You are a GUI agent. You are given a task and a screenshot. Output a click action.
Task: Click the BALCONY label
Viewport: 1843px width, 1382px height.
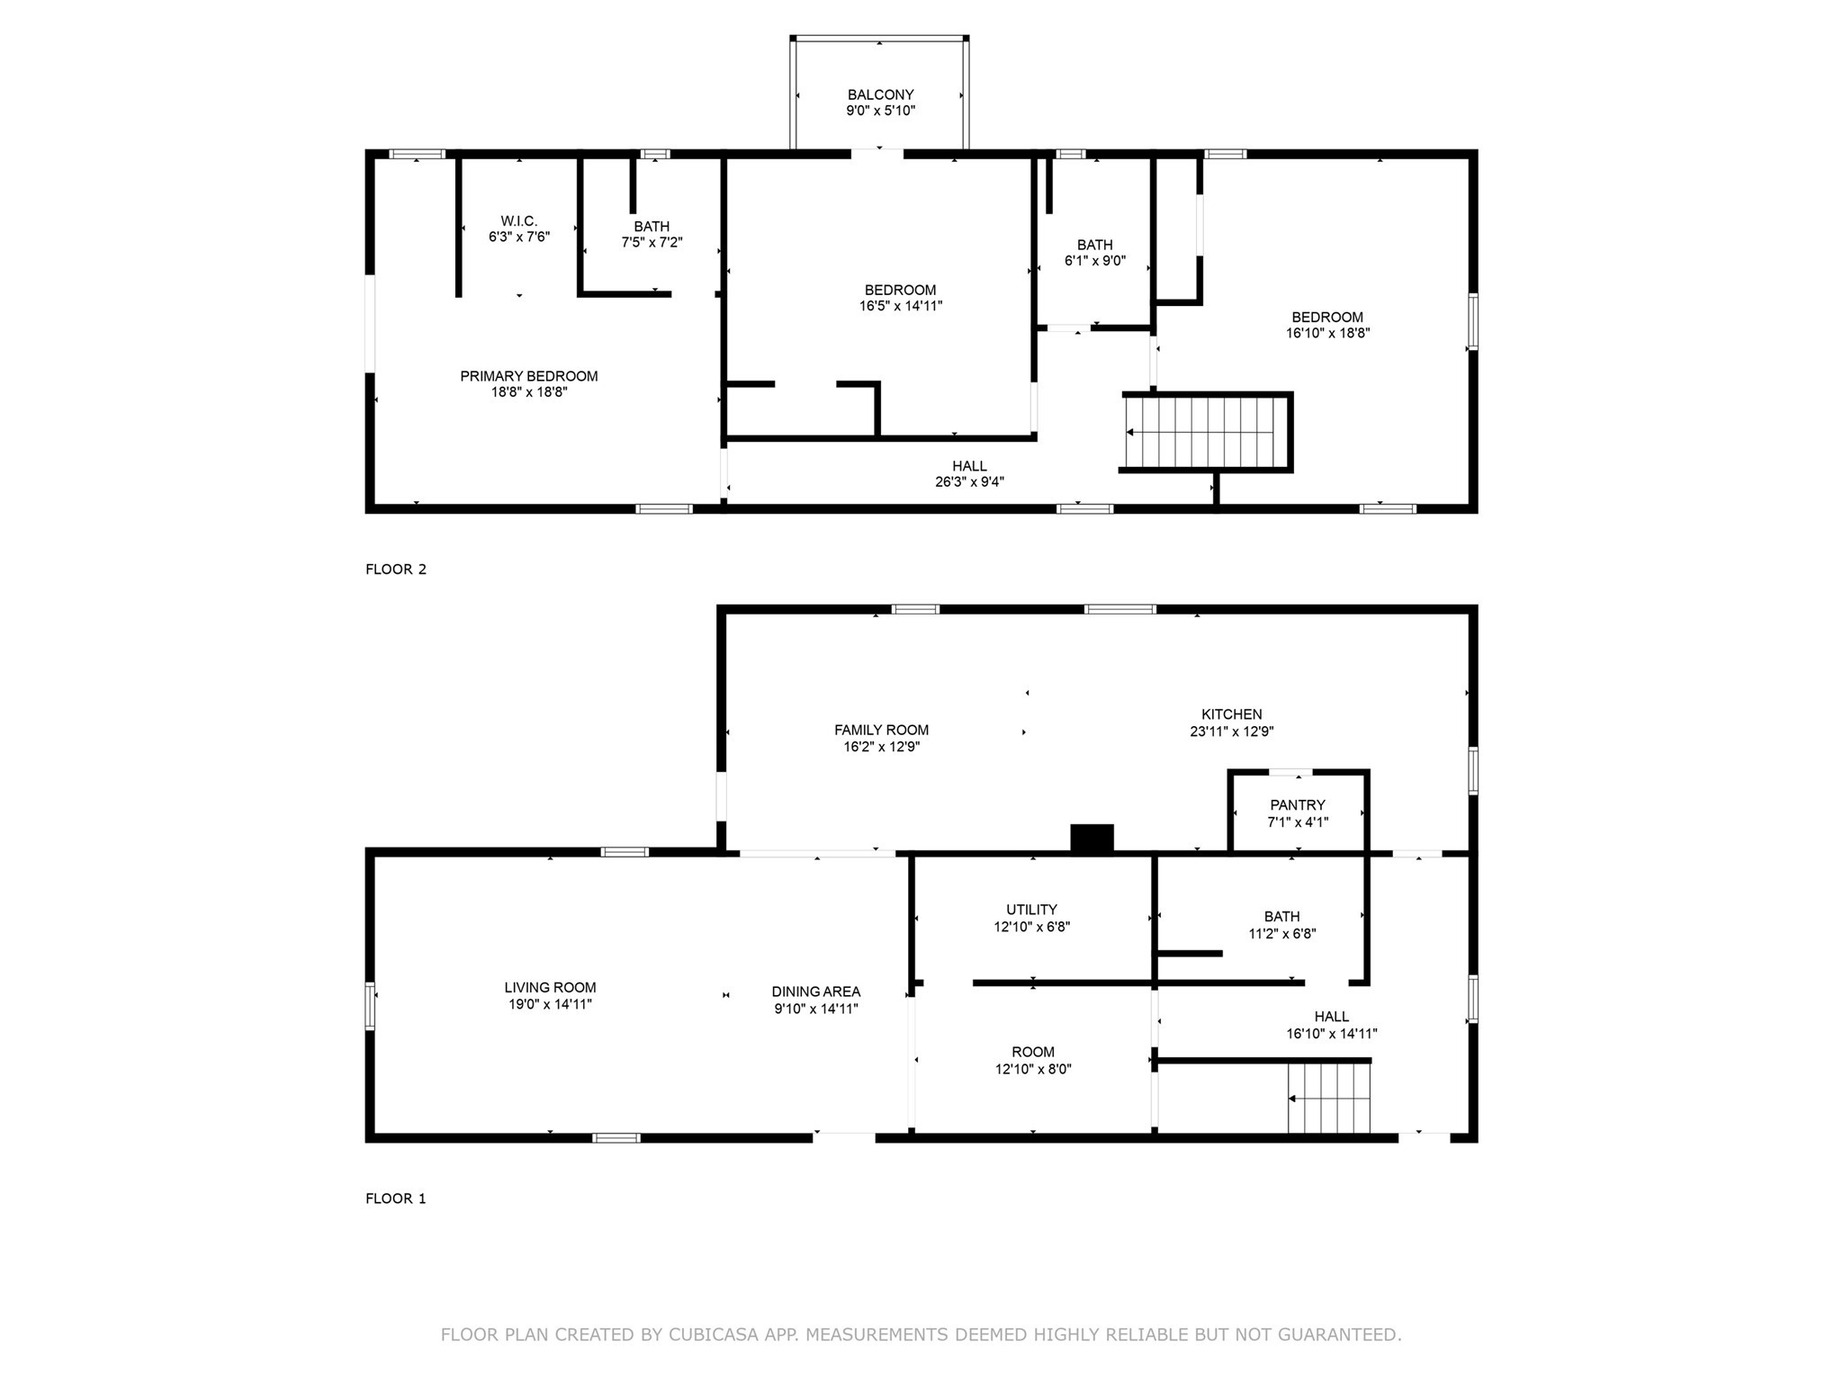pyautogui.click(x=880, y=94)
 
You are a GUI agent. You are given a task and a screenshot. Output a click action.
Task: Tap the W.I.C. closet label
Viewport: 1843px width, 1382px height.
pyautogui.click(x=518, y=220)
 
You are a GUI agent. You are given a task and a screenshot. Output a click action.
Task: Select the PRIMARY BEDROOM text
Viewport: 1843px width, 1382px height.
pyautogui.click(x=528, y=376)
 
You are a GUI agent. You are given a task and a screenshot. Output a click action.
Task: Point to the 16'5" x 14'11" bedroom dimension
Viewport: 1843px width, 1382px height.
pyautogui.click(x=900, y=306)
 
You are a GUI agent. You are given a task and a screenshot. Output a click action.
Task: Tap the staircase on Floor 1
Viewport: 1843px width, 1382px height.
pyautogui.click(x=1328, y=1099)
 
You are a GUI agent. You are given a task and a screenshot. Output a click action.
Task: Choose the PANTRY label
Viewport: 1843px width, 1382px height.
pyautogui.click(x=1297, y=805)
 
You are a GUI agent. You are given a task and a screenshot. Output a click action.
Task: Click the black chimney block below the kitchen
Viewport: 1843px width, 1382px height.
pyautogui.click(x=1092, y=838)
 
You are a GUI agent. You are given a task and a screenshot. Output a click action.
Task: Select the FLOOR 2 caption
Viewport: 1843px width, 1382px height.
pyautogui.click(x=395, y=569)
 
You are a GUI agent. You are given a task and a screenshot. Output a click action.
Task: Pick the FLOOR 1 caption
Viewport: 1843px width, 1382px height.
pyautogui.click(x=395, y=1198)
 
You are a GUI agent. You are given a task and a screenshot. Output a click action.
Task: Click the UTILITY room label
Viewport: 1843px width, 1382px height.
pyautogui.click(x=1031, y=910)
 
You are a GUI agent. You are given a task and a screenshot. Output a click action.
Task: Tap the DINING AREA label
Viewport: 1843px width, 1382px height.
pyautogui.click(x=815, y=992)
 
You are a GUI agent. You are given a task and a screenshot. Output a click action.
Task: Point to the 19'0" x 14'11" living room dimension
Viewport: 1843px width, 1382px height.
pyautogui.click(x=550, y=1004)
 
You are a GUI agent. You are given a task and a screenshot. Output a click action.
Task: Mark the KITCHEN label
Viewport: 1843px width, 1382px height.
pyautogui.click(x=1231, y=714)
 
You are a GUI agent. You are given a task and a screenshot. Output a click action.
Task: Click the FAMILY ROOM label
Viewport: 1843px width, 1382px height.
pyautogui.click(x=881, y=731)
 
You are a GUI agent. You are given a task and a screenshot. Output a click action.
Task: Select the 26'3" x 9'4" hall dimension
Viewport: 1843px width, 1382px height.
pyautogui.click(x=969, y=482)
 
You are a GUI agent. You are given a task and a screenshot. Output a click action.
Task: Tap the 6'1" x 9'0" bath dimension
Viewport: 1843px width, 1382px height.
pyautogui.click(x=1094, y=261)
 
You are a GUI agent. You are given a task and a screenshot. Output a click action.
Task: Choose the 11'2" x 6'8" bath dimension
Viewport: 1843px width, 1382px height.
pyautogui.click(x=1281, y=934)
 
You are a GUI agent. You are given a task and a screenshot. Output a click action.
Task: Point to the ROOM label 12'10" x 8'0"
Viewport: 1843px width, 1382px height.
pyautogui.click(x=1032, y=1052)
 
